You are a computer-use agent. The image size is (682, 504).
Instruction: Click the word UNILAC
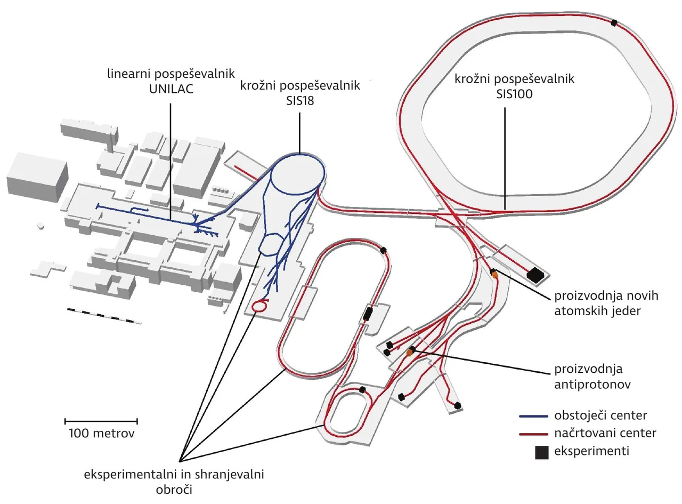pyautogui.click(x=171, y=89)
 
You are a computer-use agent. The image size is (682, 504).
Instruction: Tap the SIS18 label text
pyautogui.click(x=300, y=101)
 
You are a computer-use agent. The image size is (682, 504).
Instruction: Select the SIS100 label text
pyautogui.click(x=514, y=94)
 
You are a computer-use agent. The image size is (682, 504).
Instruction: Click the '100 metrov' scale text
pyautogui.click(x=101, y=434)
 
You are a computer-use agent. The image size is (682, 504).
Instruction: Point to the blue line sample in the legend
pyautogui.click(x=533, y=416)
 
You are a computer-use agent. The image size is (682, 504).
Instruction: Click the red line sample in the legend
pyautogui.click(x=533, y=434)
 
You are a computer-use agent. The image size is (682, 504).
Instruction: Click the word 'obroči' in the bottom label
pyautogui.click(x=174, y=490)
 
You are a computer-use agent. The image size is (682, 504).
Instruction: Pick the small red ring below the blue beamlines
pyautogui.click(x=258, y=306)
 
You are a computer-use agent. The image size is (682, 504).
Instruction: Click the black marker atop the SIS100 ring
pyautogui.click(x=614, y=23)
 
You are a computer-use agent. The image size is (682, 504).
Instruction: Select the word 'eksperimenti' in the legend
pyautogui.click(x=591, y=451)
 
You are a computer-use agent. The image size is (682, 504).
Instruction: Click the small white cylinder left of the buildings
pyautogui.click(x=40, y=226)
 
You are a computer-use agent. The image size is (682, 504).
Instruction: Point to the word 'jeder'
pyautogui.click(x=623, y=311)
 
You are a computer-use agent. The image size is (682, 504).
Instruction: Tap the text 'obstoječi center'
pyautogui.click(x=600, y=416)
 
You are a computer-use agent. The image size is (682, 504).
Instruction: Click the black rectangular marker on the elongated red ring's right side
pyautogui.click(x=367, y=314)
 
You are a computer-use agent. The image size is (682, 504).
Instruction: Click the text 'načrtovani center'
pyautogui.click(x=605, y=434)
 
